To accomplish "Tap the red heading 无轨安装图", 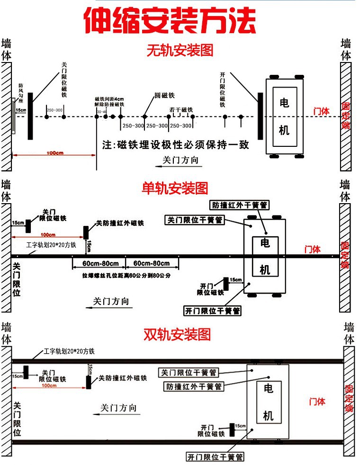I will pos(180,50).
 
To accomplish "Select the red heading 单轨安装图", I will pos(175,188).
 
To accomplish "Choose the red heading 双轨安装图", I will pos(177,335).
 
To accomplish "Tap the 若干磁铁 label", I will pos(181,110).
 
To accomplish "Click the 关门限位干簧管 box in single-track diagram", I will pos(195,220).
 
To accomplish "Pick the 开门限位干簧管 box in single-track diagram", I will pos(213,311).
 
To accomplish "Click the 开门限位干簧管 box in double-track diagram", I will pos(215,457).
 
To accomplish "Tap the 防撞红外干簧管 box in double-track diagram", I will pos(193,386).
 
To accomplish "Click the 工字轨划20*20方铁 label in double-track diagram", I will pos(69,351).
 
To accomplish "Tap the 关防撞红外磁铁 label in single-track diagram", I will pos(120,223).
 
